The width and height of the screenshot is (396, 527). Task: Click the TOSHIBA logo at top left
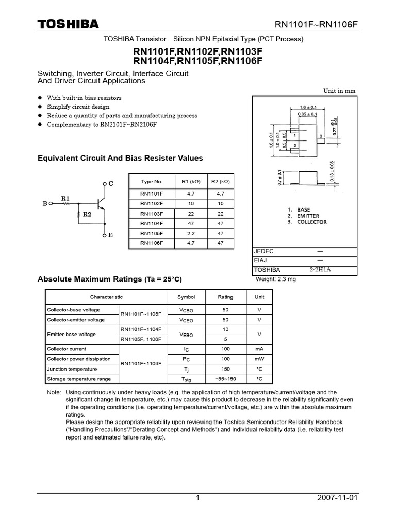click(x=68, y=25)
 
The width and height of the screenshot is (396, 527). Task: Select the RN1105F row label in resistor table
click(x=152, y=233)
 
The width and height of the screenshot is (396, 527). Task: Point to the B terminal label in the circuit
click(x=45, y=204)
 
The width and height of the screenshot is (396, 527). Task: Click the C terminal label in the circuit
click(x=110, y=184)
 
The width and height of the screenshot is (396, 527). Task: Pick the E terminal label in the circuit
click(x=110, y=235)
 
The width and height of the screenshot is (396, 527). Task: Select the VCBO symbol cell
click(x=186, y=310)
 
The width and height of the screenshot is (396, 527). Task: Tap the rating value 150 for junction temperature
click(x=225, y=369)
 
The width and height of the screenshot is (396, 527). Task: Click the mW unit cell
click(x=259, y=359)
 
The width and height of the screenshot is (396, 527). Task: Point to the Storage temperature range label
click(x=79, y=379)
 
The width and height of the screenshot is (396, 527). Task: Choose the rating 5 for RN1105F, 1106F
click(x=225, y=339)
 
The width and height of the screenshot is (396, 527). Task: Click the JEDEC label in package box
click(x=264, y=251)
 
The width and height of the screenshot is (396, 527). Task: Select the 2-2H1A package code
click(x=320, y=270)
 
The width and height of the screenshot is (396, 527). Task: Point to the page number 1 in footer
click(x=197, y=498)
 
